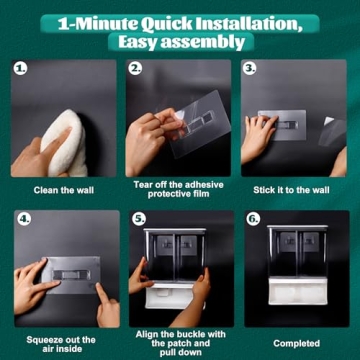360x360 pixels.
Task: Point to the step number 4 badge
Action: coord(22,219)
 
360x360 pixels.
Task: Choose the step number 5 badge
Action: coord(139,219)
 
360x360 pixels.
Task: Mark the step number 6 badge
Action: coord(253,219)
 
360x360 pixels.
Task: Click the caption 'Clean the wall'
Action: coord(64,190)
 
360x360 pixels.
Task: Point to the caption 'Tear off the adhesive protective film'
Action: coord(180,190)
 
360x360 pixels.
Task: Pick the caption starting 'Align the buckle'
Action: coord(180,341)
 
